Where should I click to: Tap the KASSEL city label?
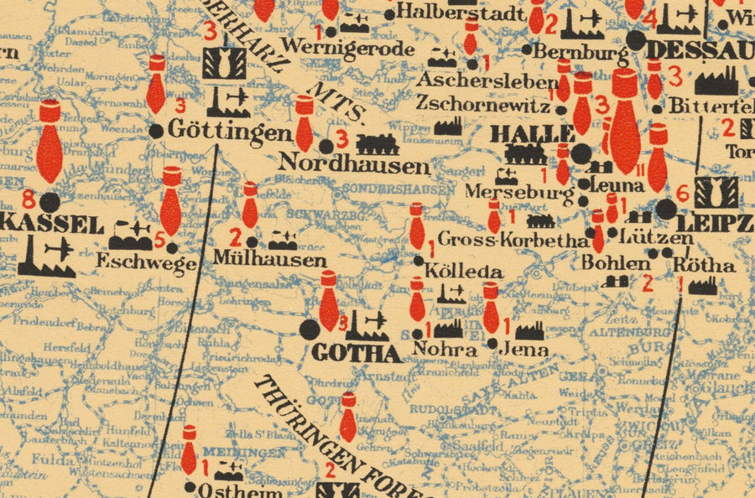click(x=52, y=225)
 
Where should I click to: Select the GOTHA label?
click(x=357, y=353)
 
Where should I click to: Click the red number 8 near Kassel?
click(x=29, y=200)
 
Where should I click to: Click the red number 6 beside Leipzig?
click(x=681, y=195)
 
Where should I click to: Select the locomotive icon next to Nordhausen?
click(x=377, y=143)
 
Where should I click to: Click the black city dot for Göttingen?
click(x=156, y=131)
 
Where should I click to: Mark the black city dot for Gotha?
click(x=310, y=329)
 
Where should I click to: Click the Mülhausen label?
click(x=269, y=260)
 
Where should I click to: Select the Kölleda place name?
click(x=463, y=272)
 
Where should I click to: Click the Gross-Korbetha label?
click(x=513, y=241)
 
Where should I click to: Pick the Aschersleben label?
click(x=487, y=82)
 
